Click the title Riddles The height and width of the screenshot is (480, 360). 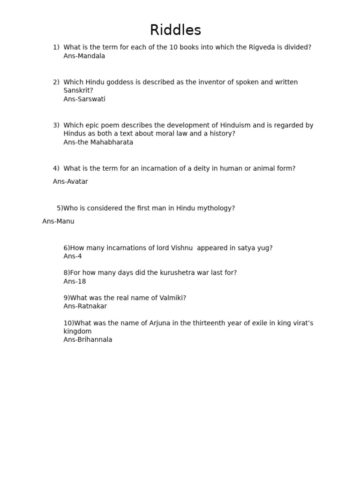coord(175,30)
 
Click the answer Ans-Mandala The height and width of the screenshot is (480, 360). coord(84,56)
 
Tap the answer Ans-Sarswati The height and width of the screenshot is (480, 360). coord(84,99)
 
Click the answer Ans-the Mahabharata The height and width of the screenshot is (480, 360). coord(98,142)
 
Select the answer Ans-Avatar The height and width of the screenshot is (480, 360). coord(70,181)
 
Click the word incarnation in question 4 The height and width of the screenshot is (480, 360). coord(156,168)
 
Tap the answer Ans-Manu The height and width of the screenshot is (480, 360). coord(58,221)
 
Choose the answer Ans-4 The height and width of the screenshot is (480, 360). coord(73,256)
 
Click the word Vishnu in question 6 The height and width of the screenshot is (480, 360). coord(181,248)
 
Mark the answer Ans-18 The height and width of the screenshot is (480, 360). coord(75,282)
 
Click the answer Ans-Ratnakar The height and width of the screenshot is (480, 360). coord(85,306)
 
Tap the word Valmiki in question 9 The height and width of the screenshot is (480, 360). coord(173,298)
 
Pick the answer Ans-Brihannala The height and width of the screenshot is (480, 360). coord(88,340)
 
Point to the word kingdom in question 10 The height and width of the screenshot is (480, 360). coord(77,331)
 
